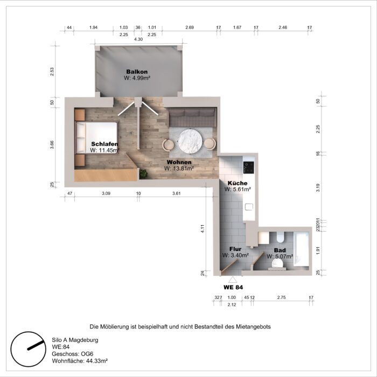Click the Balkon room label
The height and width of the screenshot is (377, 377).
137,72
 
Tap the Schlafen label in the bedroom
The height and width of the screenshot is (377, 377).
104,144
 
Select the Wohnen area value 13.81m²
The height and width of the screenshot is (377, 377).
179,168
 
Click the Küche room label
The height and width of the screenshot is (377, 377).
238,183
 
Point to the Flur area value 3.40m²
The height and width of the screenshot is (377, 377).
235,255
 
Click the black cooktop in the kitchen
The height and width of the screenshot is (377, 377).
248,167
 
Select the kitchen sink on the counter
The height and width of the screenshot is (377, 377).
248,207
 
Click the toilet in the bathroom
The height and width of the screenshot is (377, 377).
280,238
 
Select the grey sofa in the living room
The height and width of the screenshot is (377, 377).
193,115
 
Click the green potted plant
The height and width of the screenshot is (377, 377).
143,174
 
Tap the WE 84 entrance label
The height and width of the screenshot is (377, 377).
233,288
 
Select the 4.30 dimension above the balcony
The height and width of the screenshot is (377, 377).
138,39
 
